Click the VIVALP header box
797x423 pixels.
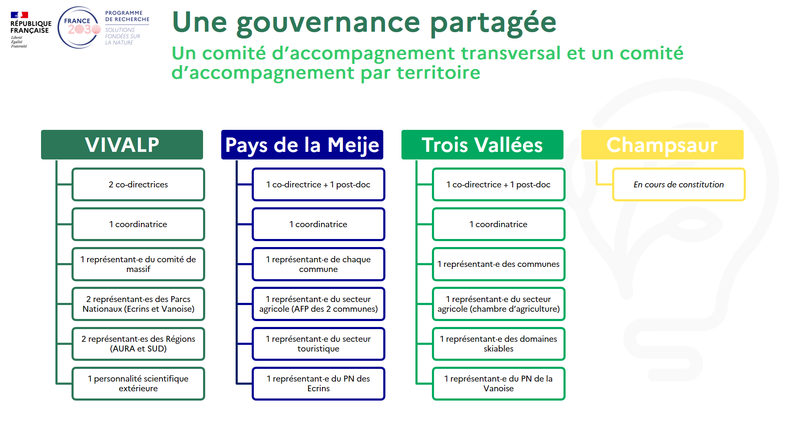coord(122,145)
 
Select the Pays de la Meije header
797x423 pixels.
coord(302,145)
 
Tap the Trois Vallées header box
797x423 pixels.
coord(482,145)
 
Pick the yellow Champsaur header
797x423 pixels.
coord(662,145)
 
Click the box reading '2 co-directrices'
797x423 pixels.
coord(138,184)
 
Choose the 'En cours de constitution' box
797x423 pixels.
coord(679,184)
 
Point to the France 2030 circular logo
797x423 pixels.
coord(79,27)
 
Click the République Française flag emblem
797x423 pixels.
coord(19,15)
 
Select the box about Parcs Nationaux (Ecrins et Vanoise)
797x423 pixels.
coord(138,304)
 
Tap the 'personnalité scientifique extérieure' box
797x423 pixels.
coord(138,383)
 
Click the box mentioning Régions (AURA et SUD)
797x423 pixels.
coord(138,343)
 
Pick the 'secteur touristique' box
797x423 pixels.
coord(319,343)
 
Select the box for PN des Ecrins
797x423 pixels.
coord(319,383)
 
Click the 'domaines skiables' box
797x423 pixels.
coord(499,343)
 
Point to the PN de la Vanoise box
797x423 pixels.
coord(499,383)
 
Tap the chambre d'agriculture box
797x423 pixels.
coord(499,304)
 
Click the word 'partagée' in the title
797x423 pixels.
coord(493,23)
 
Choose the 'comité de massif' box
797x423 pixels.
coord(138,264)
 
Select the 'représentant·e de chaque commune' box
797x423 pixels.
coord(319,264)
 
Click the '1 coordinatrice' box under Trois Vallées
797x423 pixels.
coord(499,224)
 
